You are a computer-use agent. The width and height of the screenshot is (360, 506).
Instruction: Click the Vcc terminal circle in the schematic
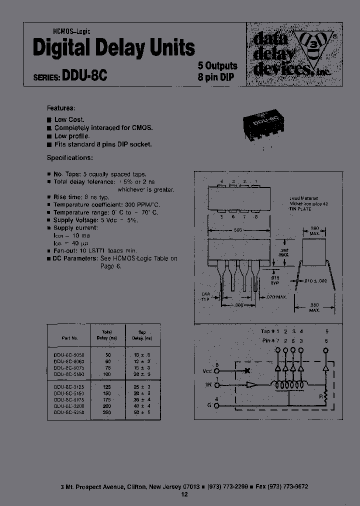pos(217,371)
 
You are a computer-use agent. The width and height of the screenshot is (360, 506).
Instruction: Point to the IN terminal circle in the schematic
pos(217,385)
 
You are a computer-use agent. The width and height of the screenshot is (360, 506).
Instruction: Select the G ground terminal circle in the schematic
pos(217,405)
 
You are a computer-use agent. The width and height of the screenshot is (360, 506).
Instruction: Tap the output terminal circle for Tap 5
pos(327,351)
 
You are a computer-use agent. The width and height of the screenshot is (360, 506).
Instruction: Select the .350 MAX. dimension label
pos(314,307)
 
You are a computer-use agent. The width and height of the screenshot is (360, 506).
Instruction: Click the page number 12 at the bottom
pos(184,494)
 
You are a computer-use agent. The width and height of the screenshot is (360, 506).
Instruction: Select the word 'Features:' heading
pos(61,108)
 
